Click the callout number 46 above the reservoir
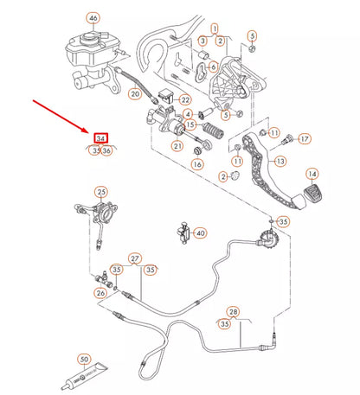click(93, 18)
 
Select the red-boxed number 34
click(100, 138)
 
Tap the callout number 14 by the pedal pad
click(312, 174)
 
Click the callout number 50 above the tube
click(84, 360)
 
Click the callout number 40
click(200, 233)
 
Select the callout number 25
click(101, 192)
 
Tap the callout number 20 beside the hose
click(135, 93)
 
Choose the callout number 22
click(185, 100)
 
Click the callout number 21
click(177, 146)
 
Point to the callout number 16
click(197, 164)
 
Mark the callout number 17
click(305, 139)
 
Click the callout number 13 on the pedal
click(280, 162)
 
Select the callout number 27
click(135, 258)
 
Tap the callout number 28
click(233, 311)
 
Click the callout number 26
click(100, 293)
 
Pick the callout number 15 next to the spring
click(190, 124)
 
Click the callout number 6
click(213, 67)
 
